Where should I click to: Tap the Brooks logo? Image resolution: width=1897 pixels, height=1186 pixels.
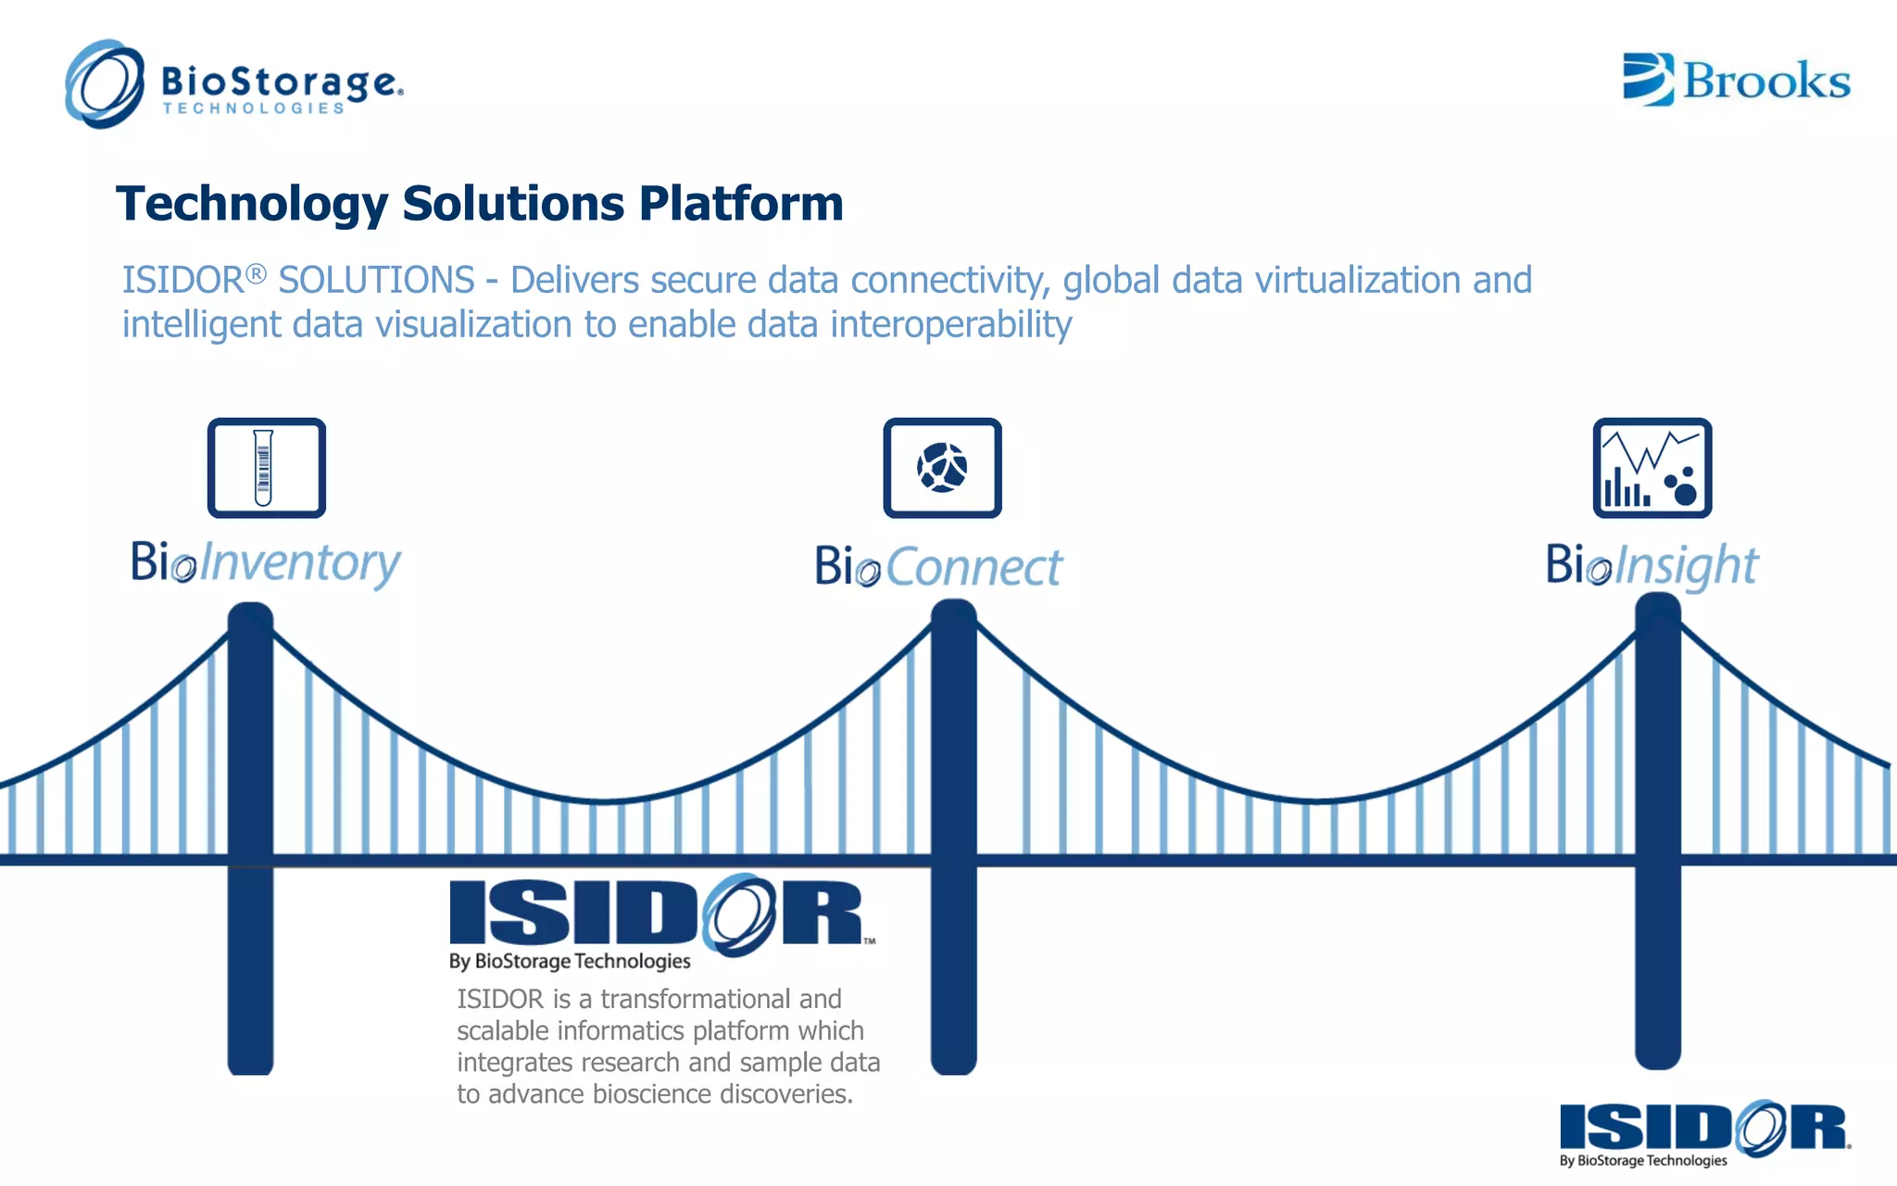1736,80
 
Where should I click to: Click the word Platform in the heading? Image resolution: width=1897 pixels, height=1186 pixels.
741,204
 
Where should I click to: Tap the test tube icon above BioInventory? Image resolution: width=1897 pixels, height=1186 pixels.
266,468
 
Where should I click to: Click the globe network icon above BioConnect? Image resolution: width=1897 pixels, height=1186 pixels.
942,468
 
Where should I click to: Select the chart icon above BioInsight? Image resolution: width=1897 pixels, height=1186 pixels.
1652,468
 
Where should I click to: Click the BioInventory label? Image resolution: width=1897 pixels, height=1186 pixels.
266,563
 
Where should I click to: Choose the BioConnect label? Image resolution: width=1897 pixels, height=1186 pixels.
938,567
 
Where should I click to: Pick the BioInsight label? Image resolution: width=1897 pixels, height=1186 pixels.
1652,565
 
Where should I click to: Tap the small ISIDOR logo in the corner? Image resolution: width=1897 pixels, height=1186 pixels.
1704,1130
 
